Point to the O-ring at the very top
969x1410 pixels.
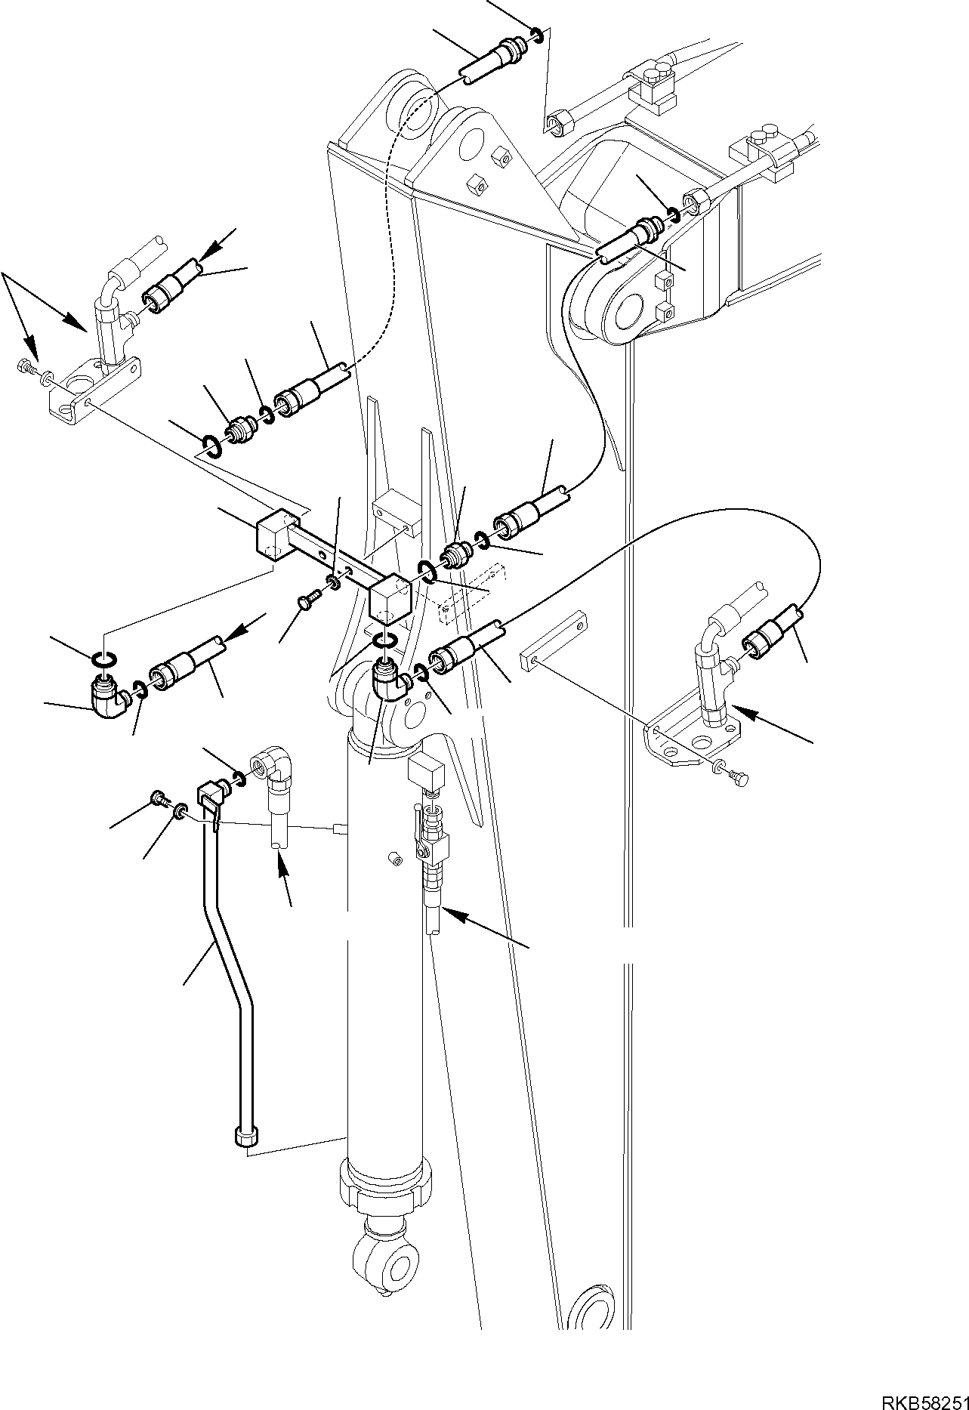click(535, 32)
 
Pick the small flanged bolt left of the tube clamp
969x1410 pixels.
click(159, 797)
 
